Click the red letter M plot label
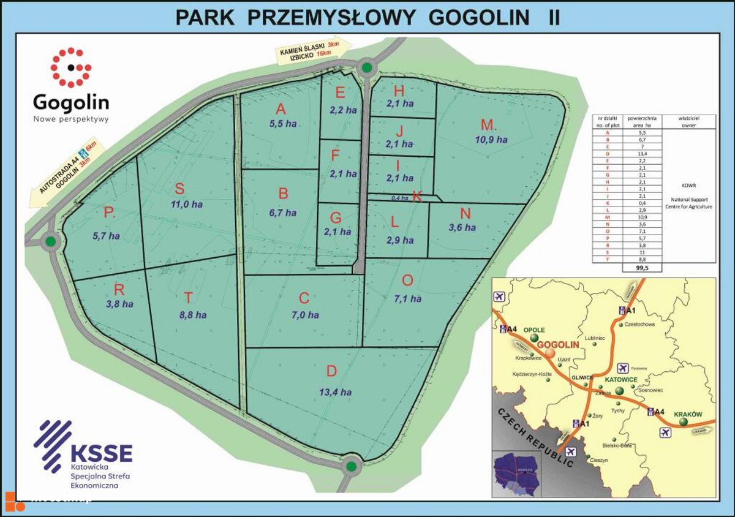coord(488,126)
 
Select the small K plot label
coord(417,196)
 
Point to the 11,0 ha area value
coord(179,205)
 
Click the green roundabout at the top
coord(366,67)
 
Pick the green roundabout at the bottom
coord(350,467)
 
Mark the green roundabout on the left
coord(50,243)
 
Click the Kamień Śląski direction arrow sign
coord(311,51)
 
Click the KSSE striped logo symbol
coord(53,443)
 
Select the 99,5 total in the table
coord(642,268)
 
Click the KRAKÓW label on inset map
coord(687,415)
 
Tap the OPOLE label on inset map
coord(530,330)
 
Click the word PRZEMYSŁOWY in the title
coord(334,17)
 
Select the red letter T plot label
coord(189,298)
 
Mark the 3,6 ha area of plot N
coord(462,228)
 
